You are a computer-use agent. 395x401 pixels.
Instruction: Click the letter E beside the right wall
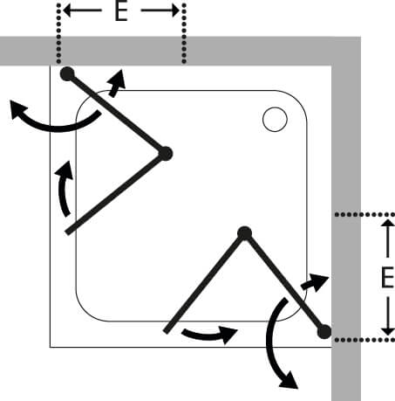point(387,278)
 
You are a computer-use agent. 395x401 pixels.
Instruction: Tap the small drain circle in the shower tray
point(275,120)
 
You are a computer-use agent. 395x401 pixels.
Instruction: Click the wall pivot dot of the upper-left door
point(67,73)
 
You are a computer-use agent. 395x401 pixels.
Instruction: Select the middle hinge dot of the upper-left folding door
point(166,154)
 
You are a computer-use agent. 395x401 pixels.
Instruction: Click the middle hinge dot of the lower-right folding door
point(245,233)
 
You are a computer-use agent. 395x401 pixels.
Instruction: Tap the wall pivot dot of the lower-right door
point(324,332)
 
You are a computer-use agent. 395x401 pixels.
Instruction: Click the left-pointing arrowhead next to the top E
point(67,10)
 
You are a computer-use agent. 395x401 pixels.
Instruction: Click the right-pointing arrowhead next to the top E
point(175,10)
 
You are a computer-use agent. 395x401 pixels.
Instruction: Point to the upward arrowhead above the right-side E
point(388,223)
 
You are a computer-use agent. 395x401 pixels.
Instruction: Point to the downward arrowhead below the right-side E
point(388,330)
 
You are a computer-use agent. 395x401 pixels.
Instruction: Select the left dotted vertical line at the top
point(58,33)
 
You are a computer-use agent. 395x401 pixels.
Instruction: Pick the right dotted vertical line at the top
point(184,33)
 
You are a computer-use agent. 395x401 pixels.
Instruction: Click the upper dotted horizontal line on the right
point(364,215)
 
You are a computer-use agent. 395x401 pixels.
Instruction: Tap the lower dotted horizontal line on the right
point(364,340)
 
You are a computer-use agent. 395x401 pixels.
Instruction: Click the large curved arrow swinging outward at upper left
point(55,128)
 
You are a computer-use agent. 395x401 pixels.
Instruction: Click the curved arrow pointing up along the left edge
point(62,190)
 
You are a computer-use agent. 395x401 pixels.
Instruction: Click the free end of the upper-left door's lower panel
point(67,232)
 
